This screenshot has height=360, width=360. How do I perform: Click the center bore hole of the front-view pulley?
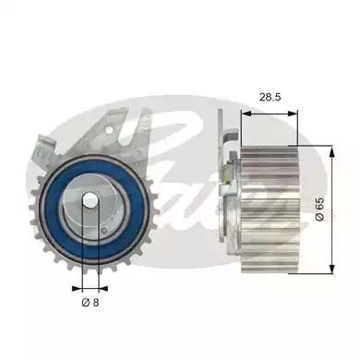coord(89,204)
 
